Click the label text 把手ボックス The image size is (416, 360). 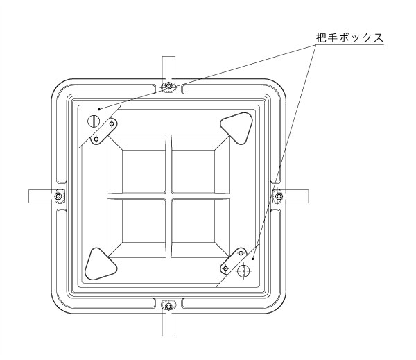[x=350, y=38]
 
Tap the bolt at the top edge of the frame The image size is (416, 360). [x=168, y=87]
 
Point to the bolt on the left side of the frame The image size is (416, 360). [x=59, y=196]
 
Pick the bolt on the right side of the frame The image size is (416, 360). [x=278, y=196]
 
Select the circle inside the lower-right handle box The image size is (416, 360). [x=243, y=271]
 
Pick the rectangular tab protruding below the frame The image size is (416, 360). [x=168, y=325]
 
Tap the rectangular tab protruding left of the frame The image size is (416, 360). [x=39, y=196]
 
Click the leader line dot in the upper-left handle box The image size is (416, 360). [x=100, y=108]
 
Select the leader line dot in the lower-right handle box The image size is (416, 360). [x=254, y=257]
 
